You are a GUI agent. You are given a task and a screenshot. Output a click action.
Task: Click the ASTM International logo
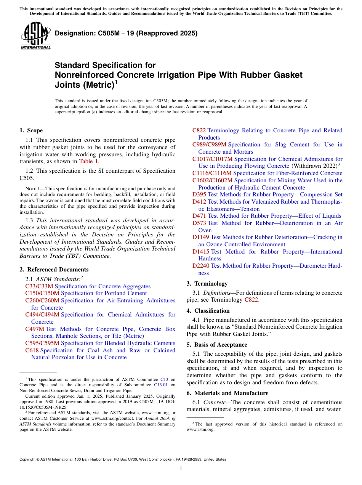pos(35,36)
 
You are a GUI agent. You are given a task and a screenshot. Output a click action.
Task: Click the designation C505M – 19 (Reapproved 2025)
pos(126,33)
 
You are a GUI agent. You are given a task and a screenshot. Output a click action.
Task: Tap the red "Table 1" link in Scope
pos(88,161)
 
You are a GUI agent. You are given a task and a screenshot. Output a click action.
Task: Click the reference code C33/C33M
pos(39,286)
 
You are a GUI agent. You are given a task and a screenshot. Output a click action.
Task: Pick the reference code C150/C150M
pos(42,293)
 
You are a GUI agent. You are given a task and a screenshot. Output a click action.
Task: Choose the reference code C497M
pos(35,329)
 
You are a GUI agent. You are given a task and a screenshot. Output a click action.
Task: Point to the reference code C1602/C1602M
pos(212,180)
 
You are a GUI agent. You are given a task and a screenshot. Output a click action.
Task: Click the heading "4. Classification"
pos(208,311)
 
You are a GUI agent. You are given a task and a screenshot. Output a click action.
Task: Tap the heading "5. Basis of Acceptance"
pos(217,345)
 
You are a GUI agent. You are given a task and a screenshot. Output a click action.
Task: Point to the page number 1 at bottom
pos(181,469)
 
